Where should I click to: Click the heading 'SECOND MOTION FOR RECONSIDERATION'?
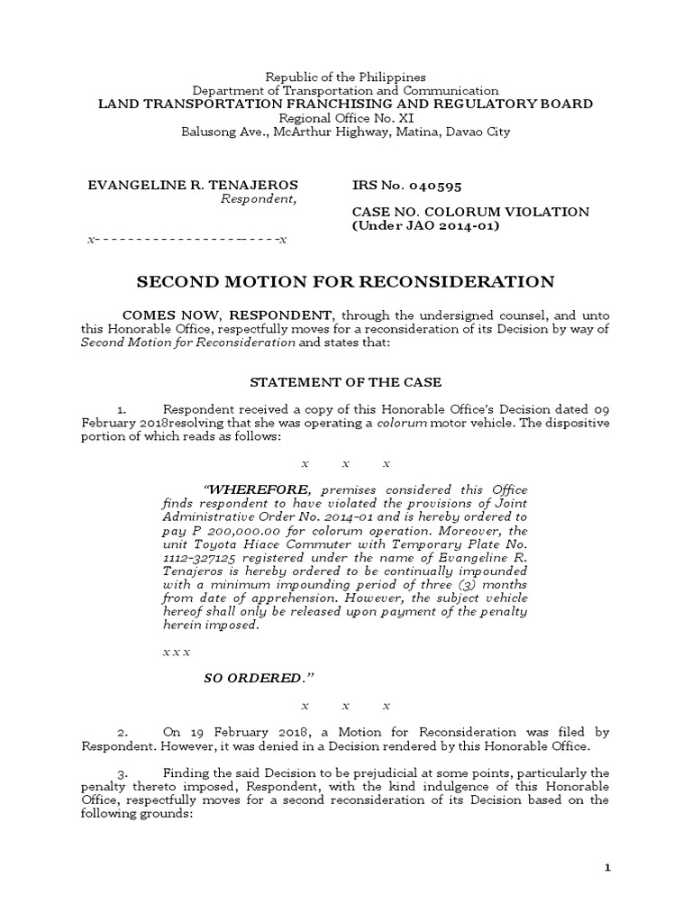point(345,282)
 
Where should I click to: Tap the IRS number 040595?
point(429,186)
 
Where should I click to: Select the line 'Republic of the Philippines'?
point(345,78)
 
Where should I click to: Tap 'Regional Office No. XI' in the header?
point(345,118)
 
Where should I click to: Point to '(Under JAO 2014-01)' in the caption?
point(423,225)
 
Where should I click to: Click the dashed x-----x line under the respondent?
point(187,240)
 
